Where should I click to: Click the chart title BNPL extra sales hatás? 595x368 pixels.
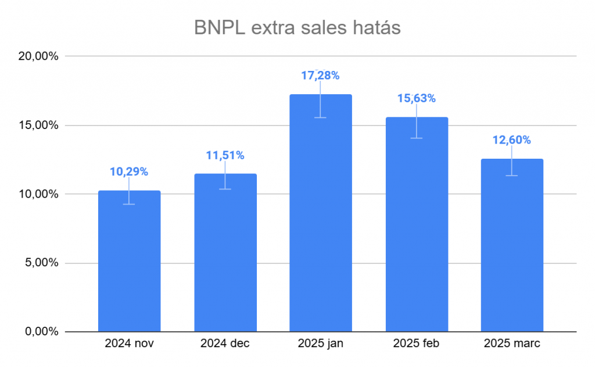(297, 27)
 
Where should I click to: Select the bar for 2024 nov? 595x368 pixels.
(129, 262)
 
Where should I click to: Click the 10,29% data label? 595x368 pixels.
(129, 172)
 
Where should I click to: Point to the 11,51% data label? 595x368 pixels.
(225, 155)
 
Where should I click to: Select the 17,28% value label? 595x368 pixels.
(320, 76)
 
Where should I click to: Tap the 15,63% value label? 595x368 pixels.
(417, 99)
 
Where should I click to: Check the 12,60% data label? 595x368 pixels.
(512, 140)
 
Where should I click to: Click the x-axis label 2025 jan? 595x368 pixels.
(320, 344)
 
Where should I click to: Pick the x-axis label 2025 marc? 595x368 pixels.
(512, 344)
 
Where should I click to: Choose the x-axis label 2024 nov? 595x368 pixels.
(129, 344)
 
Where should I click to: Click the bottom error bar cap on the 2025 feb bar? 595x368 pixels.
(417, 138)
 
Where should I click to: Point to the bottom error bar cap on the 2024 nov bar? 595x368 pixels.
(129, 204)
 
